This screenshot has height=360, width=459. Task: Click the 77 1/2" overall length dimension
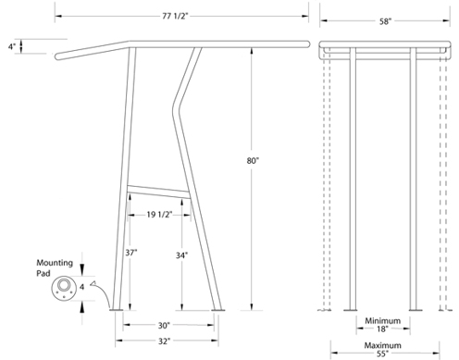[175, 16]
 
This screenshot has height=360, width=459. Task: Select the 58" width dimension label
[385, 21]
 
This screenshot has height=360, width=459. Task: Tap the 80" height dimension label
[253, 161]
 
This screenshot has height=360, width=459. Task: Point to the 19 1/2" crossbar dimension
[159, 215]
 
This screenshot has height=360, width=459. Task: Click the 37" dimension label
[131, 253]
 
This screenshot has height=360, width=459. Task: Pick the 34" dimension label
[182, 255]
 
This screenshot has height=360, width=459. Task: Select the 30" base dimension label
[164, 326]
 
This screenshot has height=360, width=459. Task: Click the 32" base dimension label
[164, 341]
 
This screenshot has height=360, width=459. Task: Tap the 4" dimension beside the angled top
[12, 47]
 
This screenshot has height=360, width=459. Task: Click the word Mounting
[55, 263]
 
